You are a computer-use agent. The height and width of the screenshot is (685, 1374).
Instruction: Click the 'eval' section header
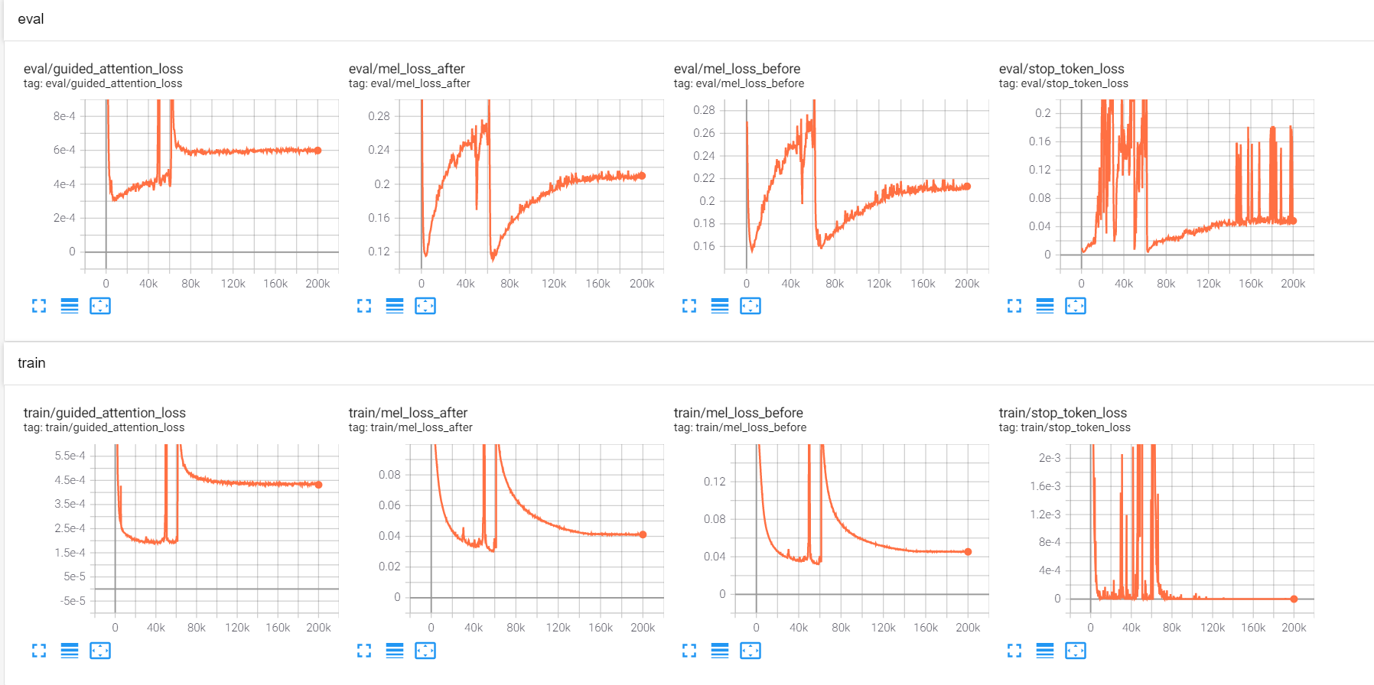[31, 19]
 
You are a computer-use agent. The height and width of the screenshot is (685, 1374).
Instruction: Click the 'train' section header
[31, 363]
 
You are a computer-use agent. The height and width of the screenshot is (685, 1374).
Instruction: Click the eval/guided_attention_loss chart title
[103, 69]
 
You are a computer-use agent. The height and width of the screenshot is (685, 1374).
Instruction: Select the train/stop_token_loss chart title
[1063, 413]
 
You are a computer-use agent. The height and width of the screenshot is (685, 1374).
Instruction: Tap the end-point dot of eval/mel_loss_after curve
[642, 176]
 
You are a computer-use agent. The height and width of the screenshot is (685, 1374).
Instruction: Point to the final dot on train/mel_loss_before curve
[968, 551]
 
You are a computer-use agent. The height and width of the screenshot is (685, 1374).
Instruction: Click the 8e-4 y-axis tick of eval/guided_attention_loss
[64, 116]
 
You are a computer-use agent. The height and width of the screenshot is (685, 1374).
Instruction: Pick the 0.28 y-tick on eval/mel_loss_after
[379, 116]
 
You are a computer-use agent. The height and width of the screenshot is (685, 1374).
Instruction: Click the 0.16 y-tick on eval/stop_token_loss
[1040, 141]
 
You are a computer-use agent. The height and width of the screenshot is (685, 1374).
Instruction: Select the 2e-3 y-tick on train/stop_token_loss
[1050, 458]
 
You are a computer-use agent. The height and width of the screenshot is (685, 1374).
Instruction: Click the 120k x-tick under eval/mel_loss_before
[878, 284]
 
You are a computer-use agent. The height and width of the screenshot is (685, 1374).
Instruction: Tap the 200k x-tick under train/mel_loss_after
[643, 628]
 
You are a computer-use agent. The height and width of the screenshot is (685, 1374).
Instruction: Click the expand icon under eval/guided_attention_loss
[39, 306]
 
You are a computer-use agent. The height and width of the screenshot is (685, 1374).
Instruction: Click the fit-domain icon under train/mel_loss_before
[750, 651]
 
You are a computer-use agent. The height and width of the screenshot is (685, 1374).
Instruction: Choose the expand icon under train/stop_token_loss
[1014, 651]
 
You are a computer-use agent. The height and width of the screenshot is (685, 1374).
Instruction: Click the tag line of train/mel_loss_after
[410, 427]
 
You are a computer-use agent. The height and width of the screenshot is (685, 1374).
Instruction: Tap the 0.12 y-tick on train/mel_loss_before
[715, 482]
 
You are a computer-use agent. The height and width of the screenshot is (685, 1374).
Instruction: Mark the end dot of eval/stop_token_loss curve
[1293, 220]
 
